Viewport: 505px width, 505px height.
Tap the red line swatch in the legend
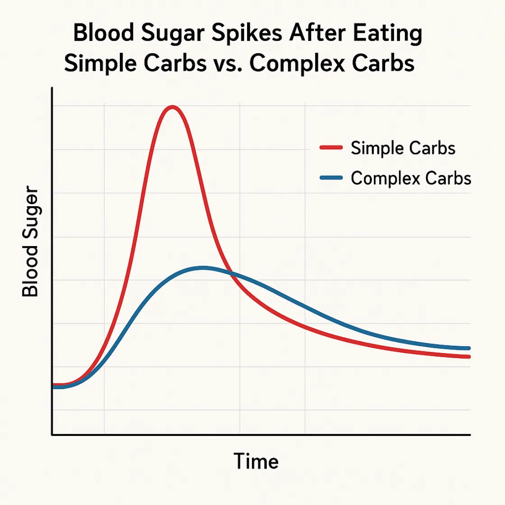(331, 148)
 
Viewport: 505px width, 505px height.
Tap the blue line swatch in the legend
(331, 178)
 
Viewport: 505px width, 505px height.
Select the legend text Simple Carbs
(403, 148)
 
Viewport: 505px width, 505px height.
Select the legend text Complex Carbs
(411, 178)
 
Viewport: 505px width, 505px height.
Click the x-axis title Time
(256, 461)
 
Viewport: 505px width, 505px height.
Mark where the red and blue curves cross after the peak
(231, 273)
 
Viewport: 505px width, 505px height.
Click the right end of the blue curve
(469, 348)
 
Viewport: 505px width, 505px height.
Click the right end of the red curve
(469, 357)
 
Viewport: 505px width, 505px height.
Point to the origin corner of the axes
(53, 435)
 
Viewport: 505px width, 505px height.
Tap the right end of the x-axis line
(470, 435)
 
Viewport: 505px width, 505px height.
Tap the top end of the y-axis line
(53, 88)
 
